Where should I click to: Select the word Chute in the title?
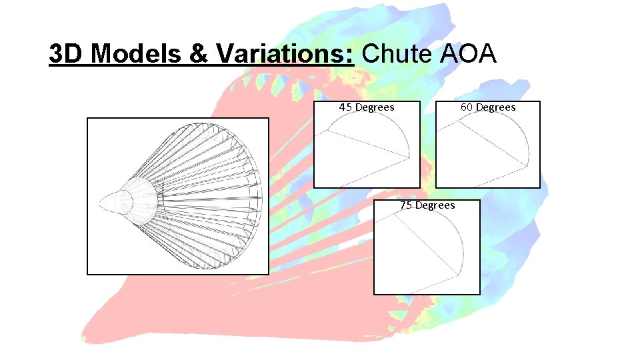(x=397, y=54)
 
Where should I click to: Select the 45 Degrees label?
(x=367, y=107)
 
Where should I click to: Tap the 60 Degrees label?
(x=488, y=107)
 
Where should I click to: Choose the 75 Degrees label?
(x=427, y=205)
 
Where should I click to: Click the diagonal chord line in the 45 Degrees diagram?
(x=367, y=144)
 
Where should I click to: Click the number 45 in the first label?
(x=345, y=107)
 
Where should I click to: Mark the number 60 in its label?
(x=467, y=107)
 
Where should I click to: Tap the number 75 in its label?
(x=406, y=205)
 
